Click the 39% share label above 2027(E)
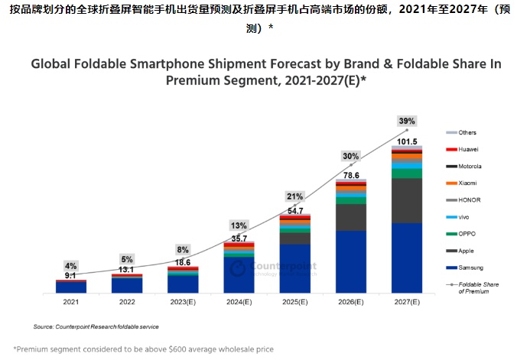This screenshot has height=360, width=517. pyautogui.click(x=406, y=122)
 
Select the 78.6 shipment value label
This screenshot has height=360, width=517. pyautogui.click(x=351, y=174)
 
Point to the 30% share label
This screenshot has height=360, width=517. pyautogui.click(x=350, y=156)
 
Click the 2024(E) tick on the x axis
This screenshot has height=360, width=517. pyautogui.click(x=239, y=302)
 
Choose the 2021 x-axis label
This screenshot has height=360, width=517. pyautogui.click(x=70, y=302)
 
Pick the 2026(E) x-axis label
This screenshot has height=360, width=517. pyautogui.click(x=350, y=302)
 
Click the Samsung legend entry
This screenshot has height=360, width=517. pyautogui.click(x=468, y=267)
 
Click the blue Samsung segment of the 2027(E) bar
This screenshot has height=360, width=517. pyautogui.click(x=406, y=258)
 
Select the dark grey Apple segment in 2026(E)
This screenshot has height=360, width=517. pyautogui.click(x=350, y=217)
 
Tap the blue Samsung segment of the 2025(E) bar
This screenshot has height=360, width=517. pyautogui.click(x=294, y=268)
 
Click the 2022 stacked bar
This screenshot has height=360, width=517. pyautogui.click(x=127, y=284)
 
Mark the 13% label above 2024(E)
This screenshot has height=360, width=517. pyautogui.click(x=239, y=225)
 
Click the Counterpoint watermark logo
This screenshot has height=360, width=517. pyautogui.click(x=239, y=268)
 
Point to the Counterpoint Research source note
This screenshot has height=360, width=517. pyautogui.click(x=96, y=326)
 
